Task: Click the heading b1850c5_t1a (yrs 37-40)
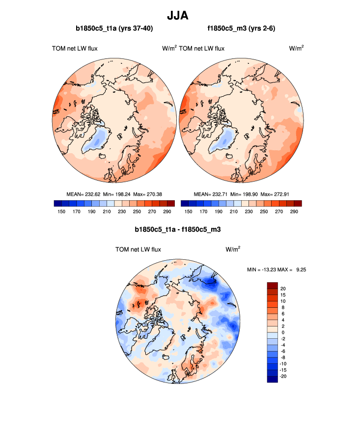click(x=114, y=29)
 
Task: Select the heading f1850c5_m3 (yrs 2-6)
click(x=241, y=29)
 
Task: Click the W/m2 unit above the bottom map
click(x=233, y=249)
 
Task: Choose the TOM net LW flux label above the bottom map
click(x=138, y=249)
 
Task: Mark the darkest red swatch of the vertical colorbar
click(x=273, y=285)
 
